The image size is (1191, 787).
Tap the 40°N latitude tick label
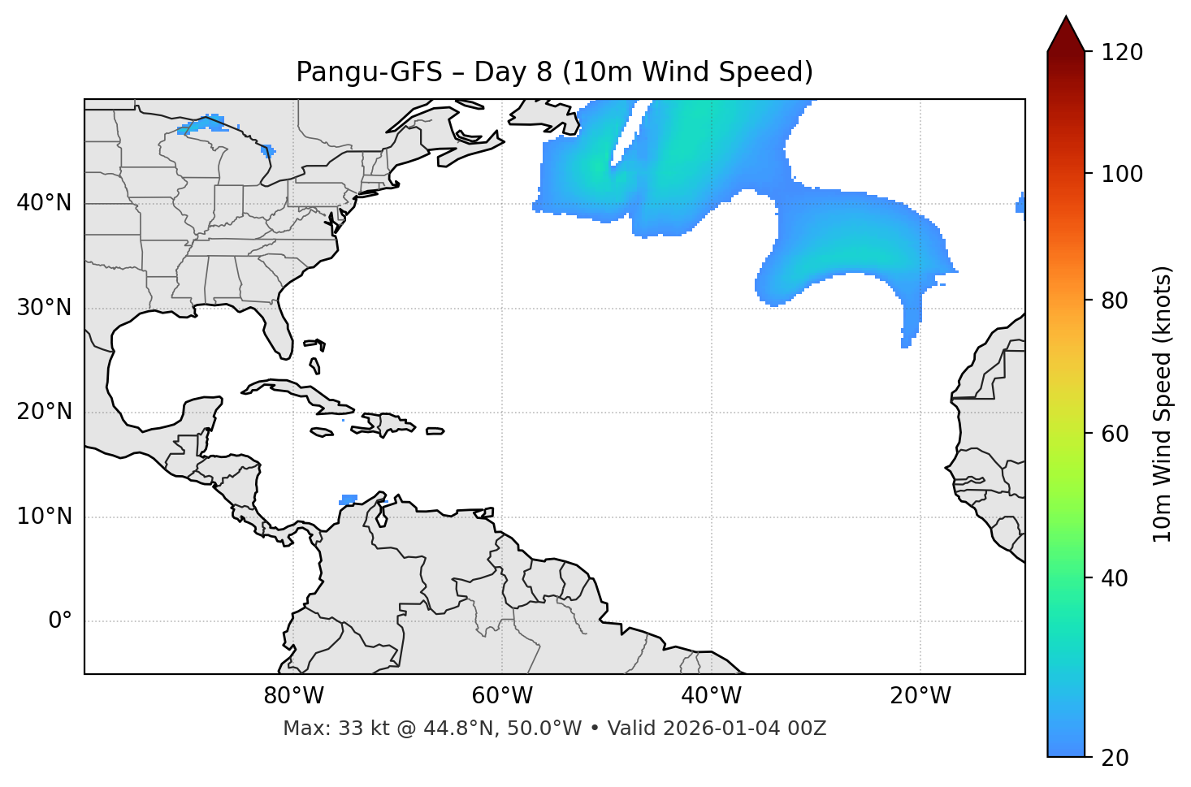click(44, 203)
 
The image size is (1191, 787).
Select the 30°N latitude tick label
click(44, 308)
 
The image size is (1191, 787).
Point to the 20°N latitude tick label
click(44, 412)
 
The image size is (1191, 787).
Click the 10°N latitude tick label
click(44, 517)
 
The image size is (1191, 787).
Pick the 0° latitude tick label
click(60, 621)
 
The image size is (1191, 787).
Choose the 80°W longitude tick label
click(293, 696)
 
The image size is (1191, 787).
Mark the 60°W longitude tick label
click(502, 696)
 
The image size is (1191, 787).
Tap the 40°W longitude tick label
click(711, 696)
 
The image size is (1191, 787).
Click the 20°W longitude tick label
click(920, 696)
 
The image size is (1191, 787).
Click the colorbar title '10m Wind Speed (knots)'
click(1163, 404)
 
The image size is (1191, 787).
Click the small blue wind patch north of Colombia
click(349, 499)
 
